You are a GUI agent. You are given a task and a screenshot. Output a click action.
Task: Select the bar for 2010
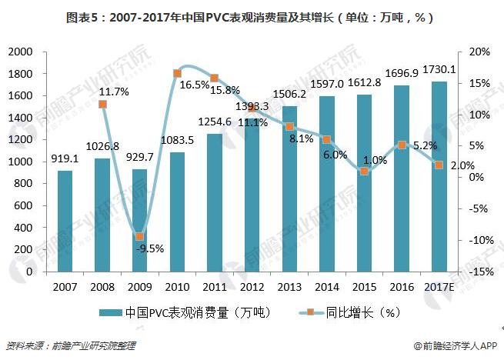(x=176, y=212)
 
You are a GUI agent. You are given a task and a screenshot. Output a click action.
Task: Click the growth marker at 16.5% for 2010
(x=177, y=73)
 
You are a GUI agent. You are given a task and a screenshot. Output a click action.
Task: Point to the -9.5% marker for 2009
(x=139, y=237)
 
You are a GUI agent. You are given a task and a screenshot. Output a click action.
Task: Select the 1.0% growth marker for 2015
(x=364, y=171)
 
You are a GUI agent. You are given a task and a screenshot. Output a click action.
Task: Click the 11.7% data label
(x=113, y=92)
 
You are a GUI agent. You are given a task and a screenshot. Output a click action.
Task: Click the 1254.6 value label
(x=215, y=122)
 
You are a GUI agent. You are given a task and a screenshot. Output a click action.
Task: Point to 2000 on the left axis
(x=20, y=52)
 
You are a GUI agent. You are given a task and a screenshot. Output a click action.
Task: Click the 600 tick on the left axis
(x=24, y=205)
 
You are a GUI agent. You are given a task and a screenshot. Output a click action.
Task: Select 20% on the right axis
(x=479, y=52)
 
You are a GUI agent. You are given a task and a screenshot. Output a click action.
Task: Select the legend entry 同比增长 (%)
(x=360, y=312)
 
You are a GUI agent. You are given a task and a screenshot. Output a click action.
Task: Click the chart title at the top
(x=251, y=17)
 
